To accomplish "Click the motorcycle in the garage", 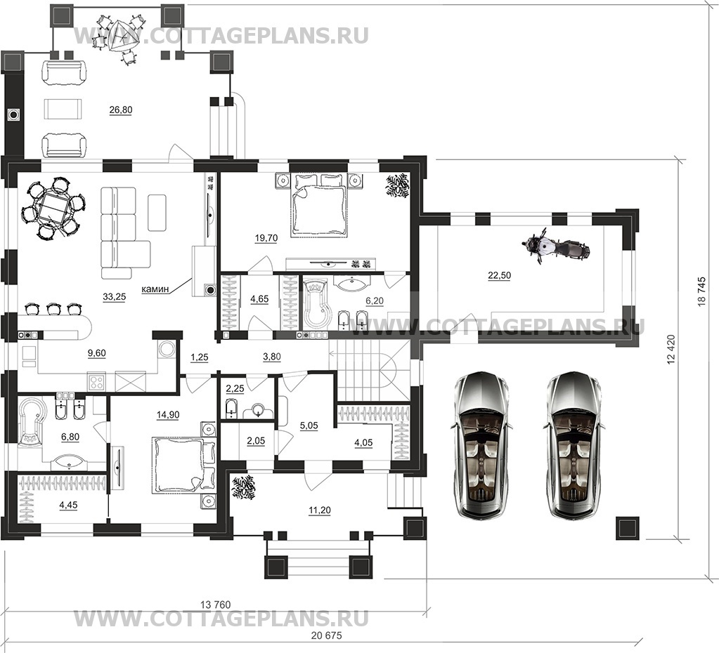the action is tap(555, 248).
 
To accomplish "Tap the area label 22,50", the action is tap(499, 275).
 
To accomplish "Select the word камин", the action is tap(155, 289).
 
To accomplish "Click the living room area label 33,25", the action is tap(114, 297).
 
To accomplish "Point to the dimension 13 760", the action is tap(216, 605).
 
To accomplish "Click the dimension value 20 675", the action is tap(327, 635).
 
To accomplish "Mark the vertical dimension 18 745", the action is tap(702, 294).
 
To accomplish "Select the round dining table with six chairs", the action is tap(53, 208).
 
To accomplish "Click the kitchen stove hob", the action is tap(97, 382).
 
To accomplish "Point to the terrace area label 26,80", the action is tap(121, 110).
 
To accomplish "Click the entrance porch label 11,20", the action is tap(320, 510).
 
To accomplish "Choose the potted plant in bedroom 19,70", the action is tap(397, 185).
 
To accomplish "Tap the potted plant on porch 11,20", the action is tap(243, 489).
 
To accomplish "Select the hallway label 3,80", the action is tap(272, 357).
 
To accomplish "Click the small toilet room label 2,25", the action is tap(235, 388).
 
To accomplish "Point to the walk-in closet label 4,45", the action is tap(68, 505).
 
